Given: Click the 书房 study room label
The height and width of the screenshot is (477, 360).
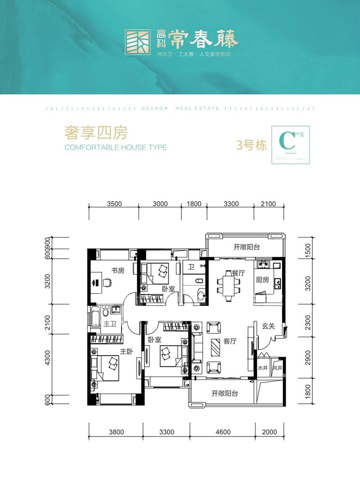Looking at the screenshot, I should [118, 270].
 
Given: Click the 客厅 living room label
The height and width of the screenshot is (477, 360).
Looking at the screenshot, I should [230, 341].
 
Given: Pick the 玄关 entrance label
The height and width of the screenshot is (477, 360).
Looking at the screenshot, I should [269, 326].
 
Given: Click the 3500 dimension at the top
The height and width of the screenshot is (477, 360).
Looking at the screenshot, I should [115, 204].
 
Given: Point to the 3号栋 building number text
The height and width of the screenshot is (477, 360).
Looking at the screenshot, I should [252, 145].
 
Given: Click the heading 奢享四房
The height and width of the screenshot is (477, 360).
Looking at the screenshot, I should [97, 133].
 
